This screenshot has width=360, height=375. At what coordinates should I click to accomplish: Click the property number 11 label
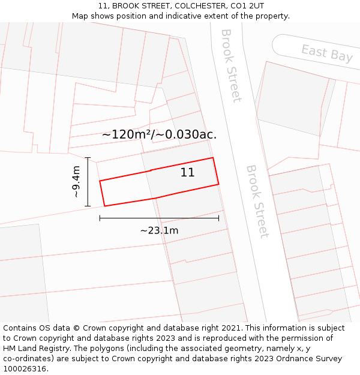tap(187, 173)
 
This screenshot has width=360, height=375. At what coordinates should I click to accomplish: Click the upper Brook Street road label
tap(230, 65)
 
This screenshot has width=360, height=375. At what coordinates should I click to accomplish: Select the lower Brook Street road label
tap(256, 201)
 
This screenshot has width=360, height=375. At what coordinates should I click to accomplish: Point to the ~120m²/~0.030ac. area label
tap(159, 134)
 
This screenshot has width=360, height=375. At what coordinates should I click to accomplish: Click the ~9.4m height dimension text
tap(76, 182)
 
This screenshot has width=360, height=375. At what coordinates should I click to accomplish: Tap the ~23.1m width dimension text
tap(159, 230)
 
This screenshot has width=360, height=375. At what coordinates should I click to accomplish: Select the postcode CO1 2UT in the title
tap(247, 6)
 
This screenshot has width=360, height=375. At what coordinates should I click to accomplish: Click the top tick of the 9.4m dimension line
tap(88, 158)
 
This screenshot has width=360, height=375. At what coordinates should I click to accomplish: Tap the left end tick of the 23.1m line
tap(100, 218)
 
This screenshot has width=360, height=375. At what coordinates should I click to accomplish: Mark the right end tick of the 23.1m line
tap(218, 218)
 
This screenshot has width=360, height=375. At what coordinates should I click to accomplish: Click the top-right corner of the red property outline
tap(213, 158)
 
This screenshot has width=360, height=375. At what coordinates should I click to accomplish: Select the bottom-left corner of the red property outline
tap(104, 206)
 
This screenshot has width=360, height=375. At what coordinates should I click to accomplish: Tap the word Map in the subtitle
tap(80, 16)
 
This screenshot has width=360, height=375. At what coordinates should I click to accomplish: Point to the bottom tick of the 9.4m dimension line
tap(88, 206)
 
